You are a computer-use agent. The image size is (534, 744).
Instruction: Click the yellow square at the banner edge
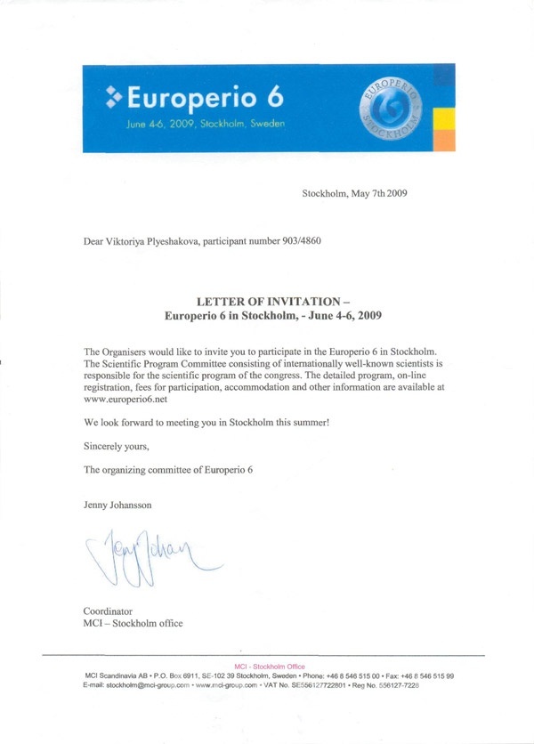tap(449, 117)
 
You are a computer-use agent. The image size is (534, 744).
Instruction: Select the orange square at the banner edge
tap(449, 140)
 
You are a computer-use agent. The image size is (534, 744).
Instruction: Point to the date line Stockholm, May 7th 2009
tap(354, 192)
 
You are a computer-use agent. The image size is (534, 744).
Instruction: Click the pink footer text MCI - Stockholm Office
tap(269, 667)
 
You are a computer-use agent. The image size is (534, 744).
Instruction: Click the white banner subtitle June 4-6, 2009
tap(206, 124)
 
